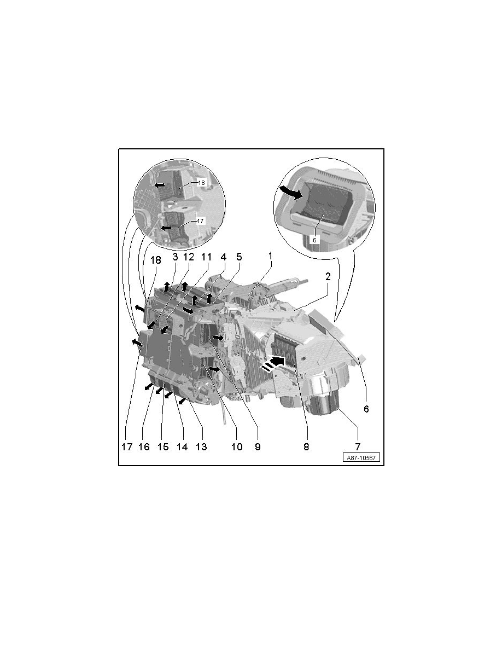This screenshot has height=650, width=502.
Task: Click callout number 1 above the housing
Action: pyautogui.click(x=270, y=256)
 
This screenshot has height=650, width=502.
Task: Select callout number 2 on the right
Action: pyautogui.click(x=327, y=277)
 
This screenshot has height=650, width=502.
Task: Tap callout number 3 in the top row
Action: pyautogui.click(x=176, y=256)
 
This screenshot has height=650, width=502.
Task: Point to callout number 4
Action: pyautogui.click(x=223, y=256)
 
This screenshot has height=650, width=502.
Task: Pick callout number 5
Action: pyautogui.click(x=238, y=256)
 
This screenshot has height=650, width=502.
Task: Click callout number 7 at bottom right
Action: pyautogui.click(x=357, y=446)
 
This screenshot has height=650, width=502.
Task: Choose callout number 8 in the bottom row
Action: pyautogui.click(x=306, y=446)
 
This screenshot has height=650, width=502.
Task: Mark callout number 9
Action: pyautogui.click(x=257, y=446)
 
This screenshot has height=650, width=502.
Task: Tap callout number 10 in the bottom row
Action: pyautogui.click(x=236, y=446)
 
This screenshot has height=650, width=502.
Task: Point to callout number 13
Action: pyautogui.click(x=201, y=446)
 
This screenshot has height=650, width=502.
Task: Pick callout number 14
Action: pyautogui.click(x=182, y=446)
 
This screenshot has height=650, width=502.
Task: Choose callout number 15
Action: pyautogui.click(x=163, y=446)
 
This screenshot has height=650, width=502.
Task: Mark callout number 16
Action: pyautogui.click(x=144, y=446)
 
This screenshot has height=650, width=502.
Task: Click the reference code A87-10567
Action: pyautogui.click(x=361, y=458)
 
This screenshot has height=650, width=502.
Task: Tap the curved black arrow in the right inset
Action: pyautogui.click(x=290, y=192)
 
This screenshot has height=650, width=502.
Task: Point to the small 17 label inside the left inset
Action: pyautogui.click(x=200, y=220)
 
